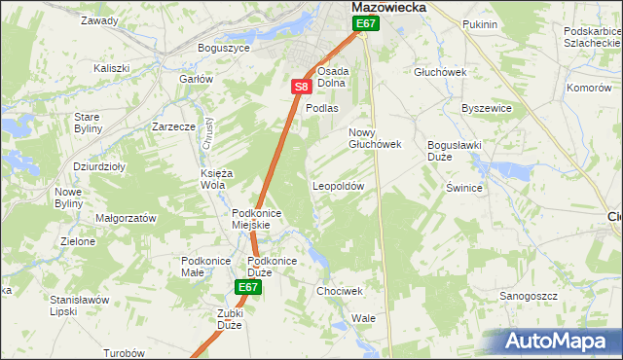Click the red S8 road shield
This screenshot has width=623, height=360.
pyautogui.click(x=301, y=88)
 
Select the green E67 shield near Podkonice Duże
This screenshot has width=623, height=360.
pyautogui.click(x=248, y=287)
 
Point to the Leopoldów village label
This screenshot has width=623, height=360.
pyautogui.click(x=338, y=185)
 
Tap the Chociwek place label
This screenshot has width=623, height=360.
pyautogui.click(x=340, y=291)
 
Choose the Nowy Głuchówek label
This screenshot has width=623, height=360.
pyautogui.click(x=375, y=138)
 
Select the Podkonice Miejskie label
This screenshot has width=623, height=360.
pyautogui.click(x=257, y=219)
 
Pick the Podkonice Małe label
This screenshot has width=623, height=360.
pyautogui.click(x=204, y=266)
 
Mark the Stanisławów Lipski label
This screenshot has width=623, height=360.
pyautogui.click(x=79, y=306)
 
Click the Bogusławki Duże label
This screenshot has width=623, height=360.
pyautogui.click(x=454, y=150)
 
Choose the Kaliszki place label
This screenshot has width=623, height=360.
pyautogui.click(x=112, y=68)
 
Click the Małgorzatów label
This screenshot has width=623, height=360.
pyautogui.click(x=126, y=219)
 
